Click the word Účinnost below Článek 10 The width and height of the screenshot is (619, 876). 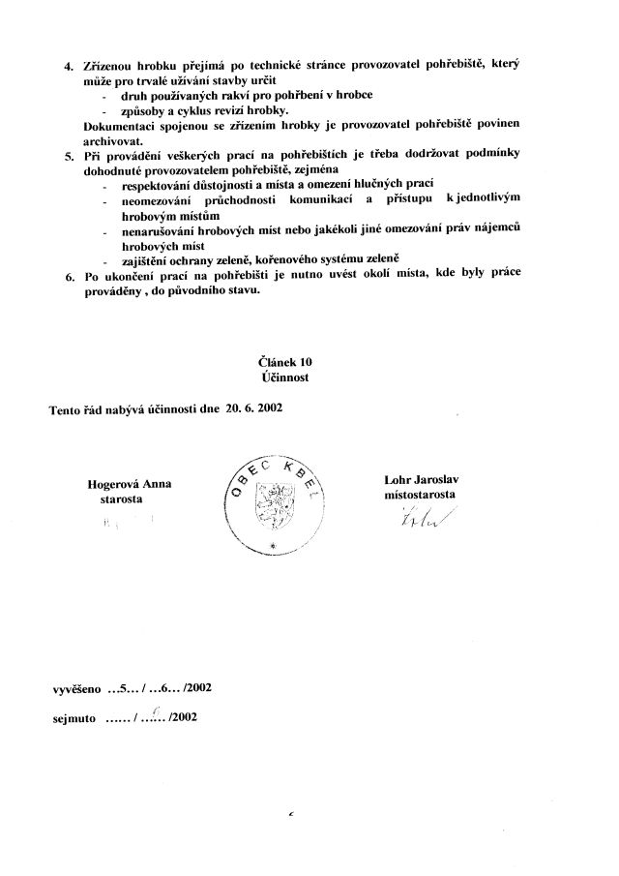pyautogui.click(x=280, y=378)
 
